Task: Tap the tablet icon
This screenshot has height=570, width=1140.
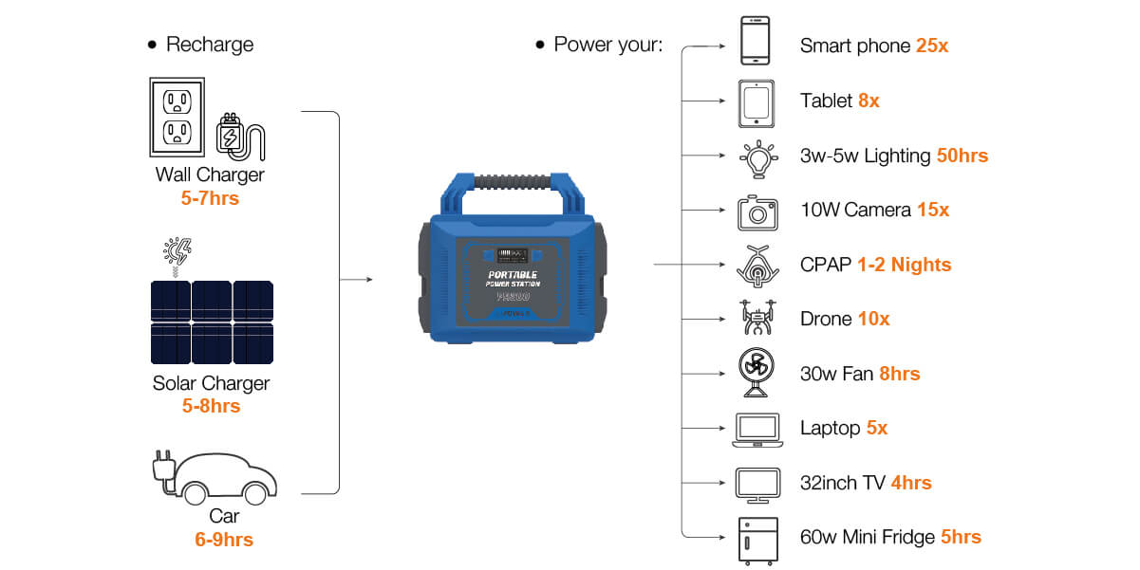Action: tap(757, 103)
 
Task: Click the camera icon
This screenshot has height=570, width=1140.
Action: tap(757, 212)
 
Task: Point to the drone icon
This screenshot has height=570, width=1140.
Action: tap(757, 318)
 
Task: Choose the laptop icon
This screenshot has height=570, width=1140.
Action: tap(757, 430)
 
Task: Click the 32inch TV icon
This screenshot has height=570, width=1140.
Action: tap(757, 485)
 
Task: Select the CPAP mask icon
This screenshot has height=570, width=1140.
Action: tap(757, 267)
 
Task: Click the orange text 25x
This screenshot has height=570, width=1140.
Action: tap(931, 46)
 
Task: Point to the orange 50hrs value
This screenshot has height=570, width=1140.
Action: tap(962, 156)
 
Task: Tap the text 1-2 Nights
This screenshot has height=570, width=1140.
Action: tap(904, 265)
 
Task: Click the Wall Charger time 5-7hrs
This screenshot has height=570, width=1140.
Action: tap(210, 198)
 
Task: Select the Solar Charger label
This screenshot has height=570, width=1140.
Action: tap(211, 383)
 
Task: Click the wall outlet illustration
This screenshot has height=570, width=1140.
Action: tap(178, 117)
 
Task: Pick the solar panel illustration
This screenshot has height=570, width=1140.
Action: tap(212, 322)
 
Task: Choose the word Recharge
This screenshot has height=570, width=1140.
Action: tap(210, 45)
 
